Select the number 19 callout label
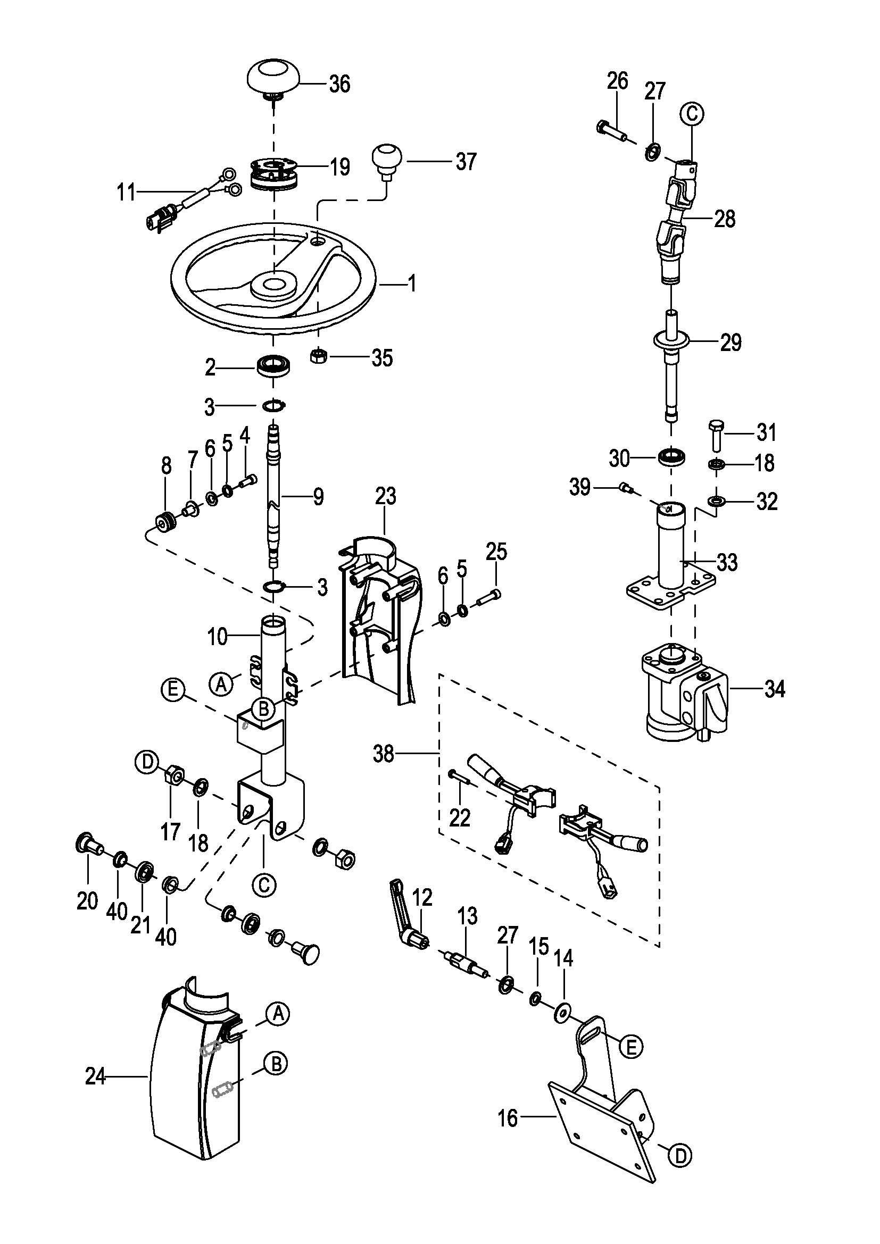[341, 167]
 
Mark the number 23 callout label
[385, 496]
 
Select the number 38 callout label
[384, 753]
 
